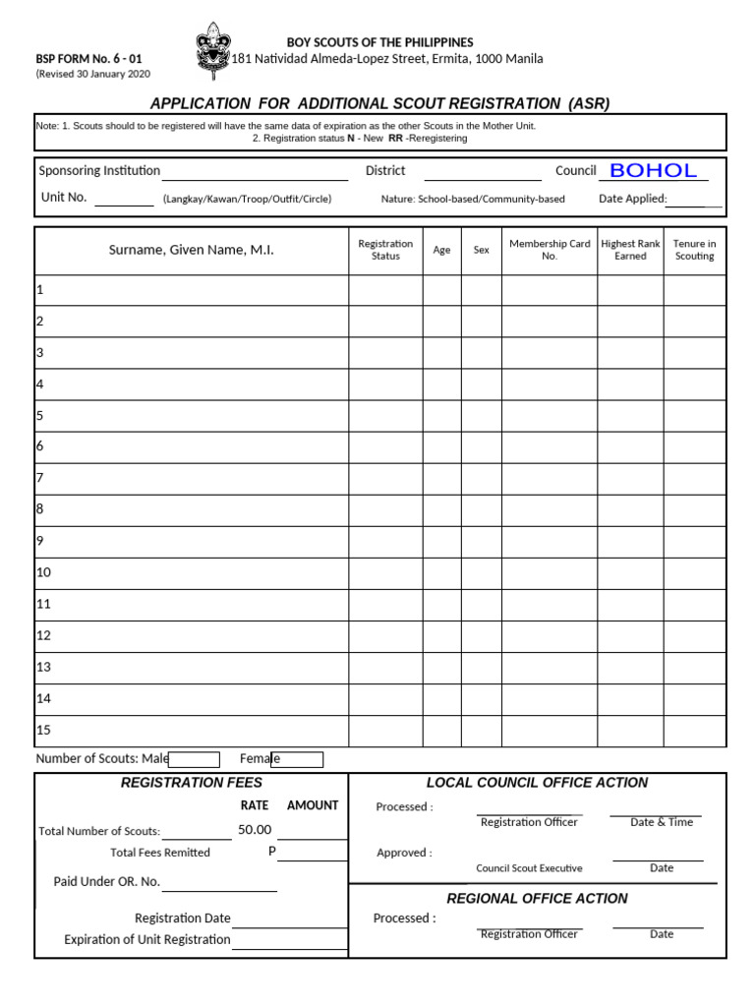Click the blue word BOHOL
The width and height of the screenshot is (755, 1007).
[x=653, y=170]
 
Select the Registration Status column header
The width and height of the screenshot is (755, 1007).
[x=385, y=250]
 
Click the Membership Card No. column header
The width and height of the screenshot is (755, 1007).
[x=550, y=250]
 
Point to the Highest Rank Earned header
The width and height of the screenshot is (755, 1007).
[x=630, y=250]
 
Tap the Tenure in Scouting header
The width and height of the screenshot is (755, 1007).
[x=694, y=250]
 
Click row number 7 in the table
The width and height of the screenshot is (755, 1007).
[x=40, y=478]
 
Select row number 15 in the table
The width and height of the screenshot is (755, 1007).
[x=43, y=730]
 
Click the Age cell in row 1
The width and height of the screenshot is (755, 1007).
[x=441, y=290]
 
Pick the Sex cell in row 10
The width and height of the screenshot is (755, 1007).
[x=481, y=572]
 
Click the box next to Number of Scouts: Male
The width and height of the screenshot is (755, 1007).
[x=194, y=759]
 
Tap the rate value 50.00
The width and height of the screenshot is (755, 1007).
[x=255, y=830]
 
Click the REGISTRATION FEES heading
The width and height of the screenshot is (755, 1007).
[x=192, y=783]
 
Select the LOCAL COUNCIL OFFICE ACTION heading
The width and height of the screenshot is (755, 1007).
[x=537, y=783]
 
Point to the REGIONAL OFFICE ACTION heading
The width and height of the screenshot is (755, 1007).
[x=537, y=899]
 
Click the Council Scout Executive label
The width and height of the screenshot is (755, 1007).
[x=529, y=868]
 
